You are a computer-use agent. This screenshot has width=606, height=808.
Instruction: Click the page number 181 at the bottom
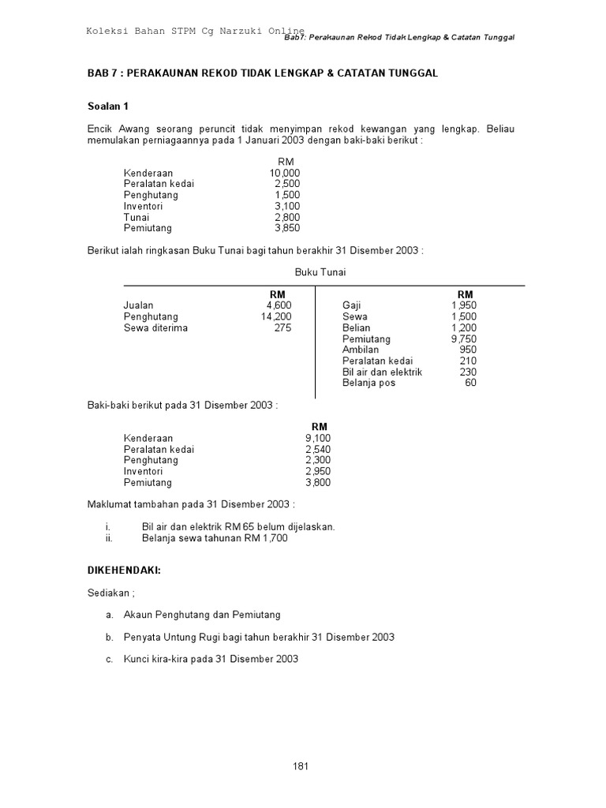(301, 766)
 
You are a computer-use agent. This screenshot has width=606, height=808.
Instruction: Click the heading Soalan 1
(107, 106)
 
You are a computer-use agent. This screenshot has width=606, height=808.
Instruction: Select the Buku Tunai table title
(320, 272)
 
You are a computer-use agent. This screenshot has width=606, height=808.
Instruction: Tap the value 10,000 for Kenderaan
(284, 173)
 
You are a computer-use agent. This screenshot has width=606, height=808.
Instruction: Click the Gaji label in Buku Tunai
(352, 305)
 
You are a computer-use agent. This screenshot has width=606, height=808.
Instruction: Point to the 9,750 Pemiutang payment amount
(464, 339)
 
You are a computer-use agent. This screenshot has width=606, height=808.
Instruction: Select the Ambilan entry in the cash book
(361, 350)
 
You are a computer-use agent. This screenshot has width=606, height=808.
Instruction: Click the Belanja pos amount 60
(470, 383)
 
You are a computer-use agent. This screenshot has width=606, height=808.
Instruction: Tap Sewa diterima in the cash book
(155, 327)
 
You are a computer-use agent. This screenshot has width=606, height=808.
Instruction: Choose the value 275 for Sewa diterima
(282, 327)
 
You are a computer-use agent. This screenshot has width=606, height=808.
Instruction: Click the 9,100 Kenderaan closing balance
(318, 438)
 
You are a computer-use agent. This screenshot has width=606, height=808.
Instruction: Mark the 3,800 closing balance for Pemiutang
(318, 482)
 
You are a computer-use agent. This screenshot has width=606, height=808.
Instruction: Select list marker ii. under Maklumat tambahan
(110, 538)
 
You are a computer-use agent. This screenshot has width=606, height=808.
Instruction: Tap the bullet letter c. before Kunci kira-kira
(110, 659)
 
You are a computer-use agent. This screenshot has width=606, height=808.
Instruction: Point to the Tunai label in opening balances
(137, 217)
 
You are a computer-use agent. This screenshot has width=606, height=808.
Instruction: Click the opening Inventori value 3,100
(287, 206)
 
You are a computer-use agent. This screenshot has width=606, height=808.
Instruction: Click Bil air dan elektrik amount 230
(469, 372)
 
